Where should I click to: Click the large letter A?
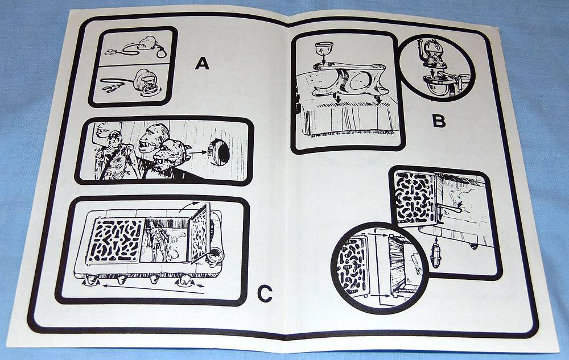click(202, 63)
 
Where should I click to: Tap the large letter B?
click(439, 121)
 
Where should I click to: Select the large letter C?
click(265, 294)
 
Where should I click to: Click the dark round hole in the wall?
click(220, 151)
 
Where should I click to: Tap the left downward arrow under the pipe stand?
click(338, 99)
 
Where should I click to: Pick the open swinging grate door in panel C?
click(200, 233)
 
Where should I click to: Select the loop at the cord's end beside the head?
click(162, 53)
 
